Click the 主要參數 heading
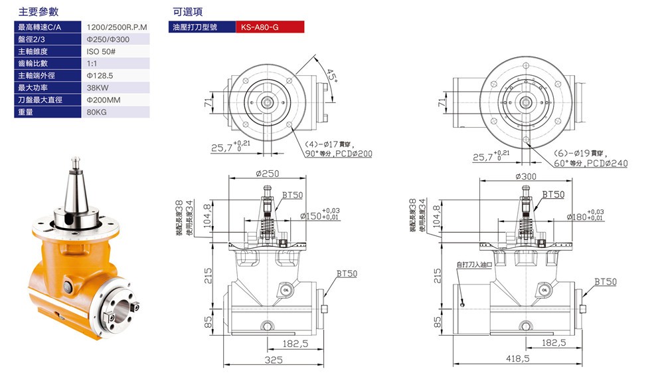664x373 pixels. [x=39, y=12]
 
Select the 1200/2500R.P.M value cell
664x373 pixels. [x=117, y=27]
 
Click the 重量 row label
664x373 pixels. [x=27, y=112]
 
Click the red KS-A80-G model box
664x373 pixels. [x=270, y=27]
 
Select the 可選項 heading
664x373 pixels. [x=187, y=12]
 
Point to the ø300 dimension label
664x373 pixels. [x=525, y=177]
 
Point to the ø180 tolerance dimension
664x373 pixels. [x=584, y=216]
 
